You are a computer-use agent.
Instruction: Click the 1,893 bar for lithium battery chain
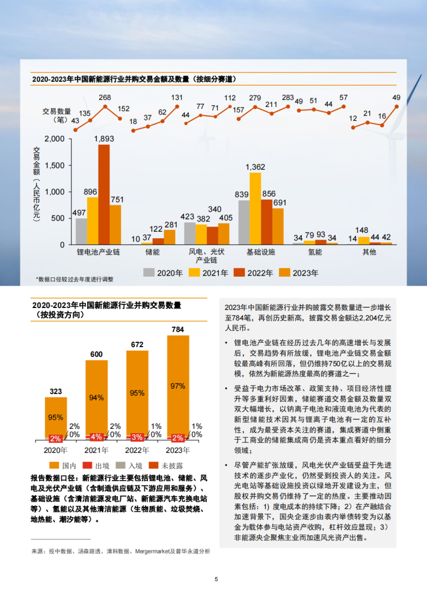pyautogui.click(x=104, y=194)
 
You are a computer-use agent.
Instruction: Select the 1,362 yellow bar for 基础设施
pyautogui.click(x=255, y=208)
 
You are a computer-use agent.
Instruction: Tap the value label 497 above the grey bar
pyautogui.click(x=79, y=213)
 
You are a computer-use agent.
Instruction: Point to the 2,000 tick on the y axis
pyautogui.click(x=54, y=139)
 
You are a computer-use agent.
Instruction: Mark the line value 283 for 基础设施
pyautogui.click(x=287, y=97)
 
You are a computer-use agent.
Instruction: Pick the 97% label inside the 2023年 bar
pyautogui.click(x=177, y=386)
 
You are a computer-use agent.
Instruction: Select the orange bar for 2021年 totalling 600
pyautogui.click(x=96, y=399)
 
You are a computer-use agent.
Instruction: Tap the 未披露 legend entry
pyautogui.click(x=170, y=464)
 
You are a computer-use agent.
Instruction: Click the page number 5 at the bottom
pyautogui.click(x=216, y=579)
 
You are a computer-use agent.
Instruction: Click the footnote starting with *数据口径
pyautogui.click(x=75, y=280)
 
